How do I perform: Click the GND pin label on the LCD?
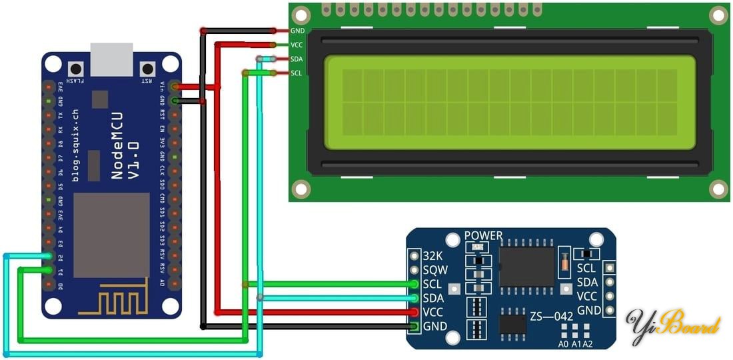point(297,31)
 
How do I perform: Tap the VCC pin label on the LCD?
point(297,45)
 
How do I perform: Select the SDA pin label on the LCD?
point(297,59)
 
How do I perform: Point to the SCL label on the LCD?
point(297,73)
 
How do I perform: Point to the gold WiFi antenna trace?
point(114,301)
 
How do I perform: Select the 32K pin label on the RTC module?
point(433,256)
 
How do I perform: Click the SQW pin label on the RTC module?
point(435,270)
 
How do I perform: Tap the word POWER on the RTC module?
point(483,236)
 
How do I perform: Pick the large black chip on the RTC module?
point(527,266)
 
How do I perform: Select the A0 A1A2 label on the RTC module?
point(575,344)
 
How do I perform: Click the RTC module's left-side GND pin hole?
point(414,327)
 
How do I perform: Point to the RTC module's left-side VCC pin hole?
point(414,312)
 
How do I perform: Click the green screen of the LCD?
point(510,102)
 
